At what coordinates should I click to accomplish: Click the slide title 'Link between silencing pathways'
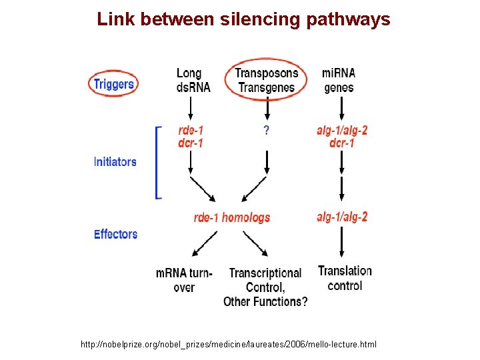(243, 19)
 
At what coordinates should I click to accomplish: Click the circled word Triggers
(114, 84)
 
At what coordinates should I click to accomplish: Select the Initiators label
(115, 161)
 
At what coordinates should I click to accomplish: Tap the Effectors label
(115, 234)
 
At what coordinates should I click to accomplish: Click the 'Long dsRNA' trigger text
(193, 80)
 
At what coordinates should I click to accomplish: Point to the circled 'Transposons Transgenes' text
(267, 80)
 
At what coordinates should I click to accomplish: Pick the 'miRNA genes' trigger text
(339, 80)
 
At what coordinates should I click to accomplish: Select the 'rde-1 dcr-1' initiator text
(191, 137)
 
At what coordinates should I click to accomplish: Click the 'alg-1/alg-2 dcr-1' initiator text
(341, 137)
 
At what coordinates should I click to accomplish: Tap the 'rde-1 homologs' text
(232, 217)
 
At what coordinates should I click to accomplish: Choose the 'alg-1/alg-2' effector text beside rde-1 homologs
(341, 217)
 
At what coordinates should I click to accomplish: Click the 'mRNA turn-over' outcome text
(184, 280)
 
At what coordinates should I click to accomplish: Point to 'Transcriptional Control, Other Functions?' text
(265, 287)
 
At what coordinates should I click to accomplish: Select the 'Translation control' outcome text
(345, 278)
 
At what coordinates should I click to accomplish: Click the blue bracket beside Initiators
(157, 162)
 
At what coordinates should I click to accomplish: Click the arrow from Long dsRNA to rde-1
(191, 107)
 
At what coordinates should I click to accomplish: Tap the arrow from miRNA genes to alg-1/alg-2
(341, 107)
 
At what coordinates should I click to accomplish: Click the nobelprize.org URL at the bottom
(228, 344)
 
